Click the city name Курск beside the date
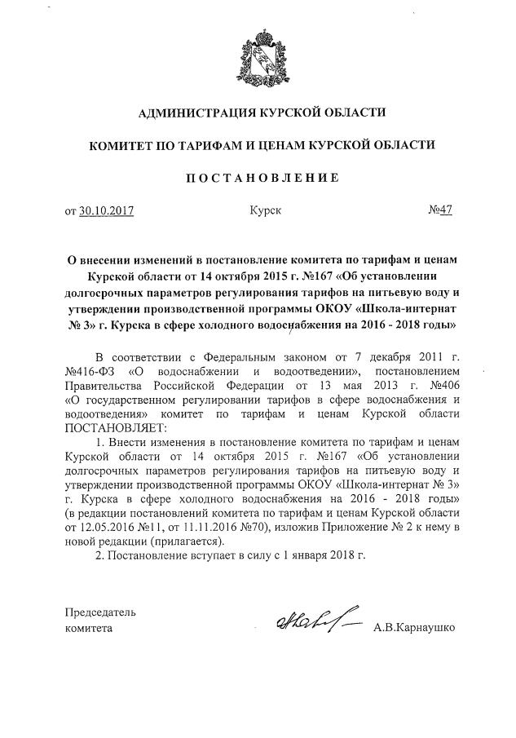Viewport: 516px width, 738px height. pyautogui.click(x=266, y=210)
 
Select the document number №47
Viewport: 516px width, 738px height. pyautogui.click(x=440, y=210)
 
